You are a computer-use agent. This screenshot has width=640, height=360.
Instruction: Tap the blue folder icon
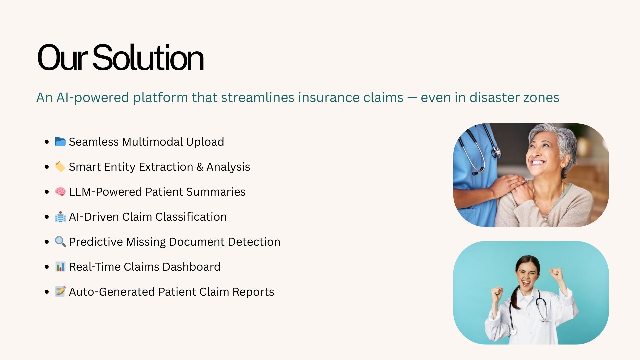pos(60,142)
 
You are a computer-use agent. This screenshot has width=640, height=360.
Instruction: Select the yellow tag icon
pos(60,167)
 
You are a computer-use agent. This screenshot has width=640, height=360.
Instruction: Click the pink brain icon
pos(60,192)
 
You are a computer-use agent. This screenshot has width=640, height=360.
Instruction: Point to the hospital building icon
pos(60,217)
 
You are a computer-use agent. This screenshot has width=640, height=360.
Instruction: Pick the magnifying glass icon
pos(60,241)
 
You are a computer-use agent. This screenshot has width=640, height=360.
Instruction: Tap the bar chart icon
pos(60,267)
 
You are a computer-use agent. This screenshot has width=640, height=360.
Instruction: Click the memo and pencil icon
pos(60,291)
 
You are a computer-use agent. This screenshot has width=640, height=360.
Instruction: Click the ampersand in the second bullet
pos(200,167)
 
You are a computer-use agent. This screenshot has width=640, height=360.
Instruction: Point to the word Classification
pos(191,217)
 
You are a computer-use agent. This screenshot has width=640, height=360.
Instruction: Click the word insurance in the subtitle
pos(329,97)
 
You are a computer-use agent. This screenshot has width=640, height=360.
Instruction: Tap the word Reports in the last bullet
pos(253,292)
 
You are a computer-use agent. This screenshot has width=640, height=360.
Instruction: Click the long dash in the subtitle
pos(412,98)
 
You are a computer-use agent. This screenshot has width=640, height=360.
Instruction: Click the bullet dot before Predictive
pos(47,242)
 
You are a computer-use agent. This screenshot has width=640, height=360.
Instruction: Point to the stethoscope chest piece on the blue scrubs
pos(496,153)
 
